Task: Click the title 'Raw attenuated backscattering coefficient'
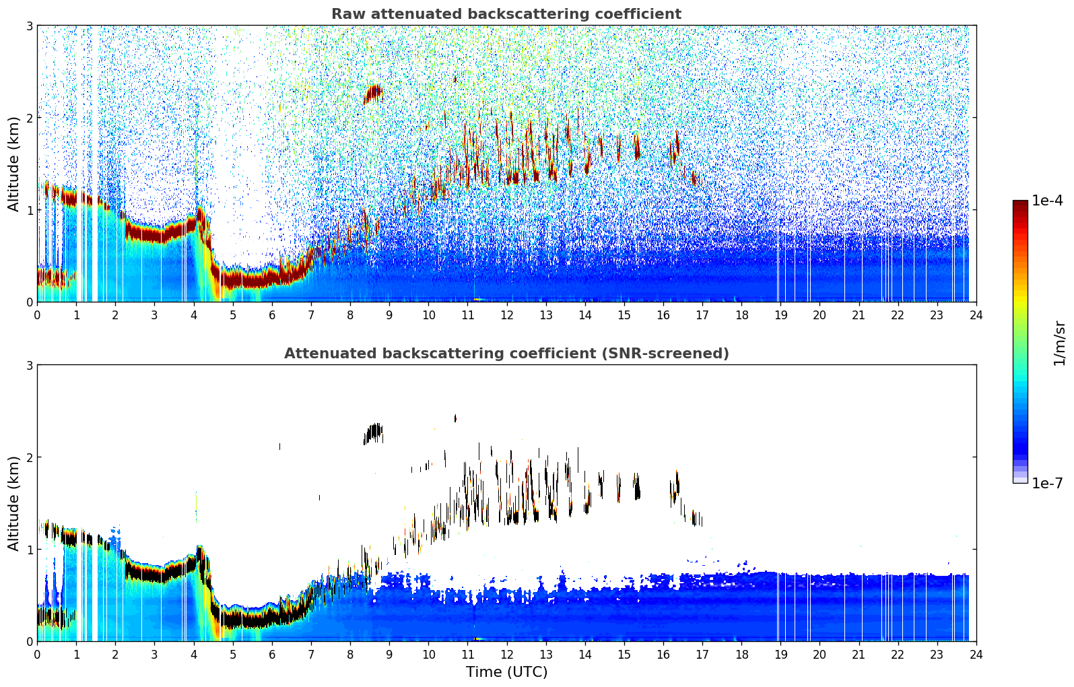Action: point(506,14)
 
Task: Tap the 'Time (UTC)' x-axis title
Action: point(506,672)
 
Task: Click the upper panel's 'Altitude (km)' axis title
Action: point(13,164)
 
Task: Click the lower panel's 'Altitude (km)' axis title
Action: point(13,503)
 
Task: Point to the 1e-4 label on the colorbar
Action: point(1047,201)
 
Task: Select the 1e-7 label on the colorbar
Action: point(1047,483)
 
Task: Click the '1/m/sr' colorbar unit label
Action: point(1059,343)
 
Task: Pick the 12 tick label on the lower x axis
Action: point(506,655)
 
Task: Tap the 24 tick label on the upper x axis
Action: point(976,315)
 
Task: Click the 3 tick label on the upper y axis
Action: point(30,26)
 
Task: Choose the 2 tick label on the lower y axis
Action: point(30,457)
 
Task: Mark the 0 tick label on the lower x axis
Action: point(37,655)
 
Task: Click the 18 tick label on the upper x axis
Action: point(741,315)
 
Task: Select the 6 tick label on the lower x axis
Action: point(272,655)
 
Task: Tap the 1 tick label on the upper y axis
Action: point(30,210)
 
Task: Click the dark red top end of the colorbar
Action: point(1019,203)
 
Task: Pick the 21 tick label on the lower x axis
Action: point(859,655)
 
